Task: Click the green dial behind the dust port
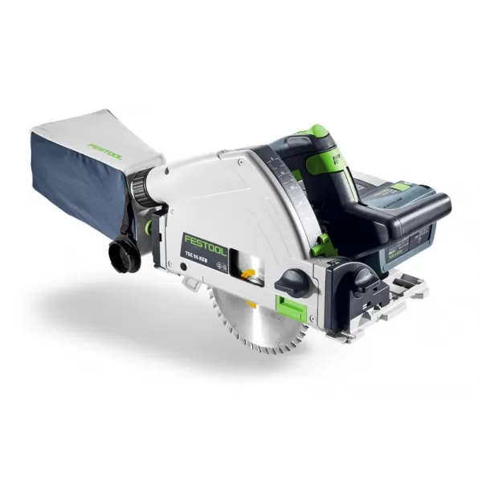151,230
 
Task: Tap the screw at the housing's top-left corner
165,171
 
